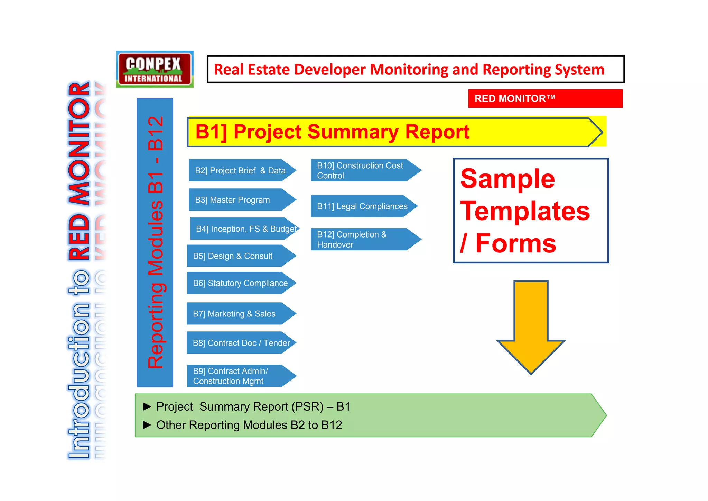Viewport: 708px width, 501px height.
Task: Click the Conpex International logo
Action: point(154,69)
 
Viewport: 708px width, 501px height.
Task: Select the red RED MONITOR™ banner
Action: point(545,99)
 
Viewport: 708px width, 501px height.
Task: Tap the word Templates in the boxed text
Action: point(525,211)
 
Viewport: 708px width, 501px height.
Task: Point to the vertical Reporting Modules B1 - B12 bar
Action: point(155,242)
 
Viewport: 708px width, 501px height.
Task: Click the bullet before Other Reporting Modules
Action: point(147,425)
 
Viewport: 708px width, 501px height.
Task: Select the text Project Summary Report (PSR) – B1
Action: point(253,406)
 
